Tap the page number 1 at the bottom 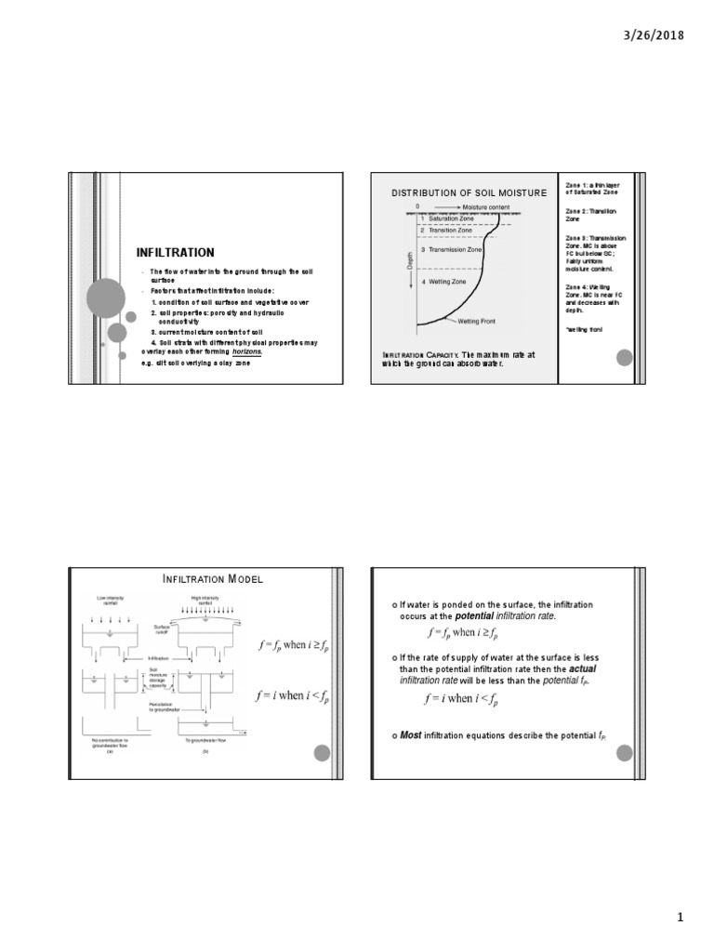pos(680,919)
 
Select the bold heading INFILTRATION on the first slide pos(175,253)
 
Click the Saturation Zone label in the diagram pos(449,218)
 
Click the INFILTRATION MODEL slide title pos(212,579)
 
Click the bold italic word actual pos(584,668)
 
